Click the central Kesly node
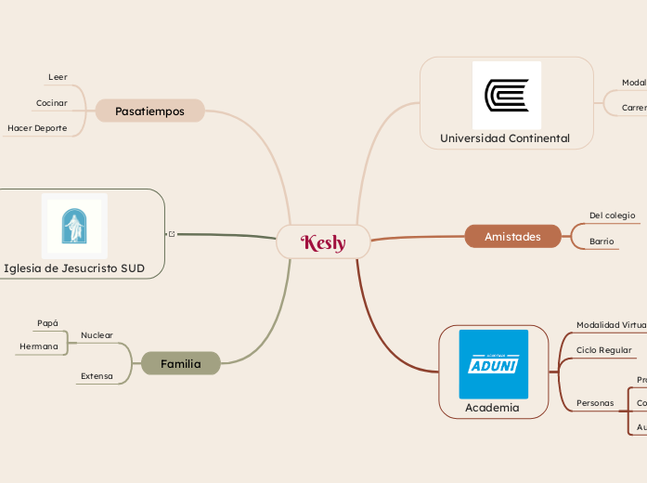point(323,242)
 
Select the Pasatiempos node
point(149,111)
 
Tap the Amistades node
point(512,237)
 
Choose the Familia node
point(180,363)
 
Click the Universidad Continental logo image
point(506,95)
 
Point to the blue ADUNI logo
point(493,364)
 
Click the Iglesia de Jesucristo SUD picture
point(74,225)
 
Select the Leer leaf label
point(58,76)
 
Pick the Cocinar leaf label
point(51,102)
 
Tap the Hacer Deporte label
point(37,128)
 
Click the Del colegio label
point(612,215)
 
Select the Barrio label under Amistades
point(602,241)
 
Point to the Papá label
point(47,323)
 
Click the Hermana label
point(39,346)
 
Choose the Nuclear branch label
point(97,334)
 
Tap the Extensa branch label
point(97,376)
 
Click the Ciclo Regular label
point(603,350)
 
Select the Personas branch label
point(595,403)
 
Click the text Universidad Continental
point(504,138)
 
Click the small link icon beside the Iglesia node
point(171,234)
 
